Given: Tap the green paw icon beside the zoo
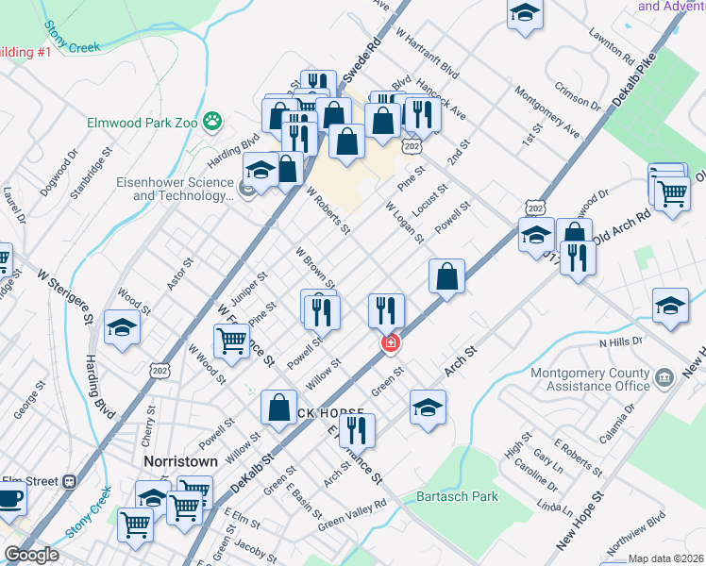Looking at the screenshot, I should [215, 121].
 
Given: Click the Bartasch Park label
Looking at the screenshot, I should [457, 495].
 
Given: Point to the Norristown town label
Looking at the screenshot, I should [180, 462].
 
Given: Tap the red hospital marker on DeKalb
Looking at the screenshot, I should [389, 344].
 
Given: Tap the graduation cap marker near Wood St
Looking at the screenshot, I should [122, 327].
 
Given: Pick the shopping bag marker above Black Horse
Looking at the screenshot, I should [280, 408].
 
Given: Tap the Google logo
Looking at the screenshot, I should [31, 555].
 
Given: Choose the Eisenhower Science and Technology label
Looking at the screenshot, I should [175, 190].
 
